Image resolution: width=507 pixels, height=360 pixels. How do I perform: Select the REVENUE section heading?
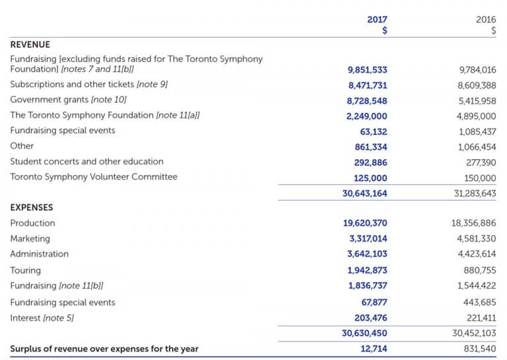[30, 45]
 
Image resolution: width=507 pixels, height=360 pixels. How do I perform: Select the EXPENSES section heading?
[31, 207]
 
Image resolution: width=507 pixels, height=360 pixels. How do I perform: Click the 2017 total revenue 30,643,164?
[364, 194]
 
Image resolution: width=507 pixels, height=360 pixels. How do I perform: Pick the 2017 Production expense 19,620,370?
[365, 223]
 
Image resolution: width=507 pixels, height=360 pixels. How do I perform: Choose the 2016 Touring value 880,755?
[480, 270]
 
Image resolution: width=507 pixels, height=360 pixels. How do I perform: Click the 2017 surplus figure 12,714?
[374, 349]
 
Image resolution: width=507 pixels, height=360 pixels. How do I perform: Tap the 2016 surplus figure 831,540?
[480, 349]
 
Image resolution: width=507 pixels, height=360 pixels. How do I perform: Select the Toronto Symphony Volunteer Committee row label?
[94, 177]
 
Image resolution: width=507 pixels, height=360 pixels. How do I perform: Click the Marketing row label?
[30, 238]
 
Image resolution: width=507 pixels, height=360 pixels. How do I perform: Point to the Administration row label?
[39, 254]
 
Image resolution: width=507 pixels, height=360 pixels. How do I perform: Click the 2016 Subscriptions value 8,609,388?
[477, 85]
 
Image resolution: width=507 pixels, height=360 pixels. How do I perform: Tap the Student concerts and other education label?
[86, 162]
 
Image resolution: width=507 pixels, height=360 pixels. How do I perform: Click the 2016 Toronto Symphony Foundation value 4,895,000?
[477, 116]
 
